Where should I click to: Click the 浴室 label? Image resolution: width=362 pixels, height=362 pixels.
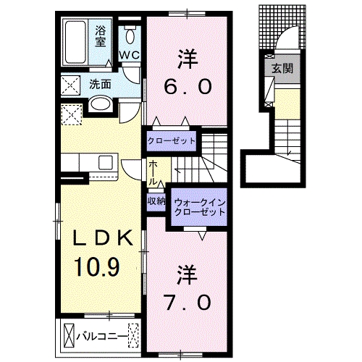tap(102, 36)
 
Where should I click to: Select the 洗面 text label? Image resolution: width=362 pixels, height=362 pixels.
tap(100, 84)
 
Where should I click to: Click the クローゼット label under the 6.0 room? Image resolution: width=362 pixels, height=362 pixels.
tap(172, 140)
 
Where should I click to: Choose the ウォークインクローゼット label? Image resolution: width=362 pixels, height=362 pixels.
tap(197, 207)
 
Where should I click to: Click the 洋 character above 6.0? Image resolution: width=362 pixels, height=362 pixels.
tap(187, 56)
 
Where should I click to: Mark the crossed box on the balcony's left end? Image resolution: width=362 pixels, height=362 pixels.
tap(70, 335)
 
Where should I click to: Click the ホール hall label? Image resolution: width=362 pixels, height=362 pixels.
tap(153, 172)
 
